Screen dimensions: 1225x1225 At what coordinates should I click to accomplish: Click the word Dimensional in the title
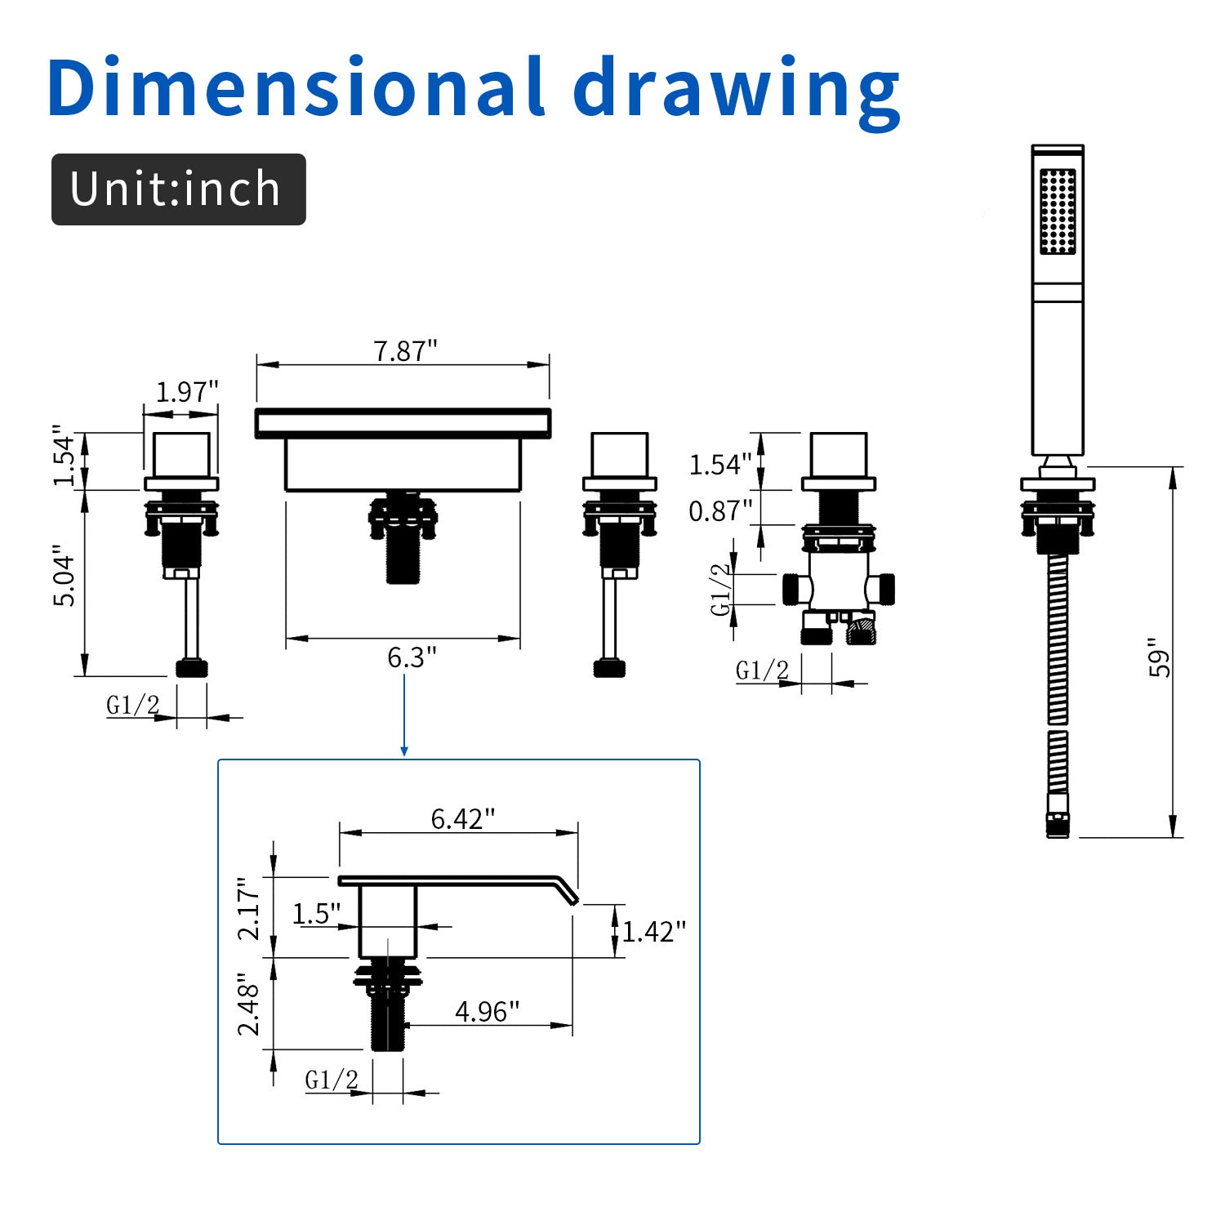pos(296,87)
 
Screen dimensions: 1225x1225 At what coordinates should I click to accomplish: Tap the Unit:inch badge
pos(179,189)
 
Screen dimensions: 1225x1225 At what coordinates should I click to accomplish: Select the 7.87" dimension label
pos(406,351)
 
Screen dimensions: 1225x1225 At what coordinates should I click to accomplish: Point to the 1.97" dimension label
pos(188,392)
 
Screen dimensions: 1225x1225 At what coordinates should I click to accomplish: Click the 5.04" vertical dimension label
pos(65,576)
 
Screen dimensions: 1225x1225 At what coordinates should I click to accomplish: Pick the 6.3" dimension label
pos(412,657)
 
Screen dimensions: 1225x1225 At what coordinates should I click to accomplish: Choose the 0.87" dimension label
pos(720,511)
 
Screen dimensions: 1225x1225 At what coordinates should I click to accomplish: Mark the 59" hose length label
pos(1160,658)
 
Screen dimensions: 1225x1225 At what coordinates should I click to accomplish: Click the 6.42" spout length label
pos(463,818)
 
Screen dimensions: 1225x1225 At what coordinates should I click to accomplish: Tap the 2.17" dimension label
pos(249,909)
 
